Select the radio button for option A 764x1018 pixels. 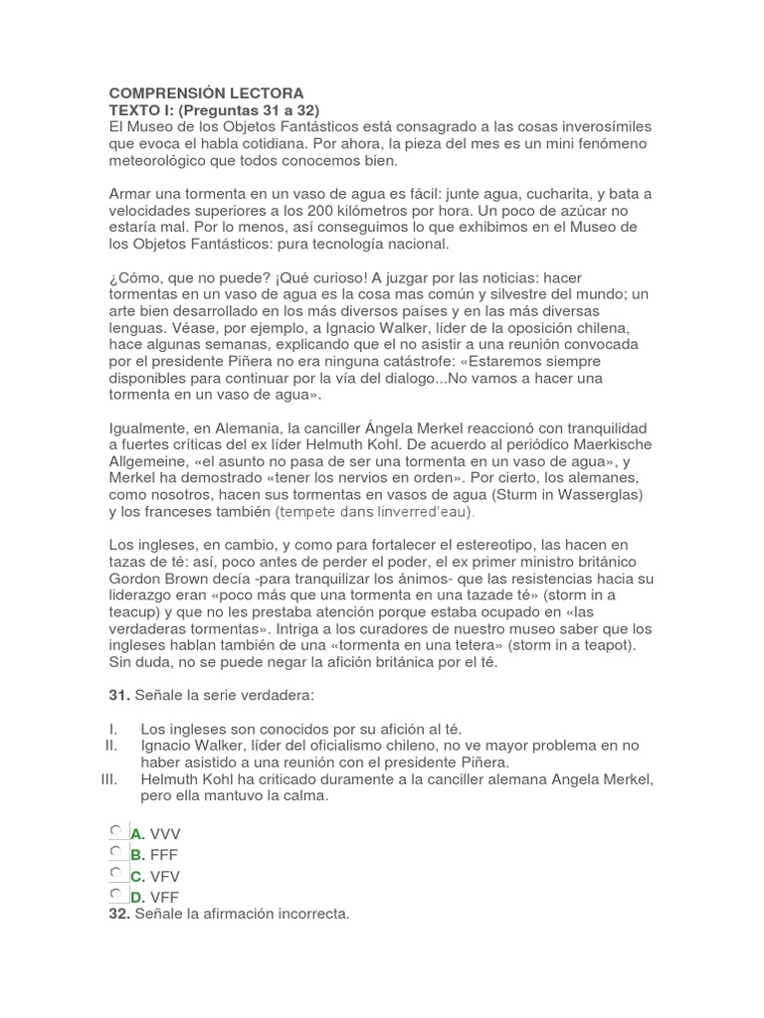(116, 831)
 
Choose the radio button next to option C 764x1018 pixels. (116, 874)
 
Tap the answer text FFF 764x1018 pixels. (165, 854)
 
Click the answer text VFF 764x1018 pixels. (165, 897)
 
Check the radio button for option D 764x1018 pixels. (116, 895)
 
